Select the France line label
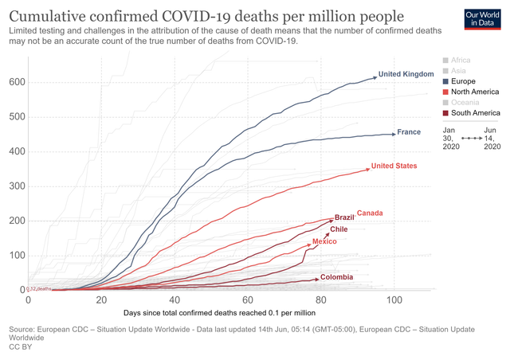point(409,132)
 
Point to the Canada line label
point(370,213)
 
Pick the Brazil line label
point(344,217)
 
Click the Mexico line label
point(324,241)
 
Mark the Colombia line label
point(338,278)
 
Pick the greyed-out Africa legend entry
point(460,60)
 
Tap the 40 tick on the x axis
point(175,300)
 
